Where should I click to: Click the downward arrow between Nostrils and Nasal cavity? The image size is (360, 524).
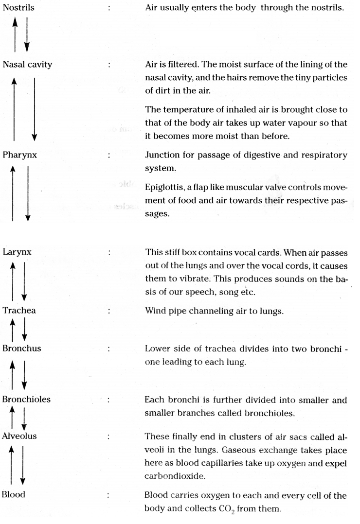tap(27, 34)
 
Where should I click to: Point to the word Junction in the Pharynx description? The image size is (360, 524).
tap(162, 157)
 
